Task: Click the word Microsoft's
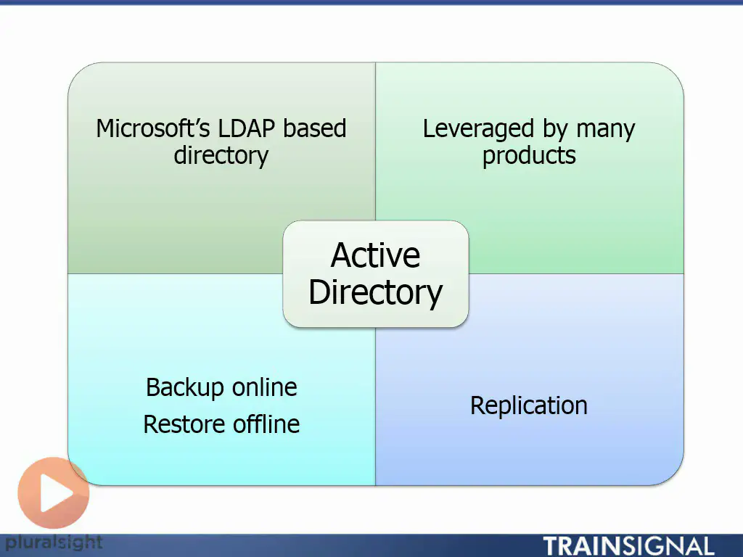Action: [152, 128]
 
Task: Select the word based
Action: [315, 128]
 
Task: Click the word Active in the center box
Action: [375, 255]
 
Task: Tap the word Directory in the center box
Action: [375, 292]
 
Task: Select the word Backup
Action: [185, 389]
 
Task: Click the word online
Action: [264, 387]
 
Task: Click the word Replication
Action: [529, 406]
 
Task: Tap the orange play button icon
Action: [54, 493]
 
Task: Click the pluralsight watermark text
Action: [53, 542]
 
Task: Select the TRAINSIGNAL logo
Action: [628, 547]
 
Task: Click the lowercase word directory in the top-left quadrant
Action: [221, 156]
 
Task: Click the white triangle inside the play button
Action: [55, 493]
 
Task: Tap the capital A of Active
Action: [342, 255]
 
